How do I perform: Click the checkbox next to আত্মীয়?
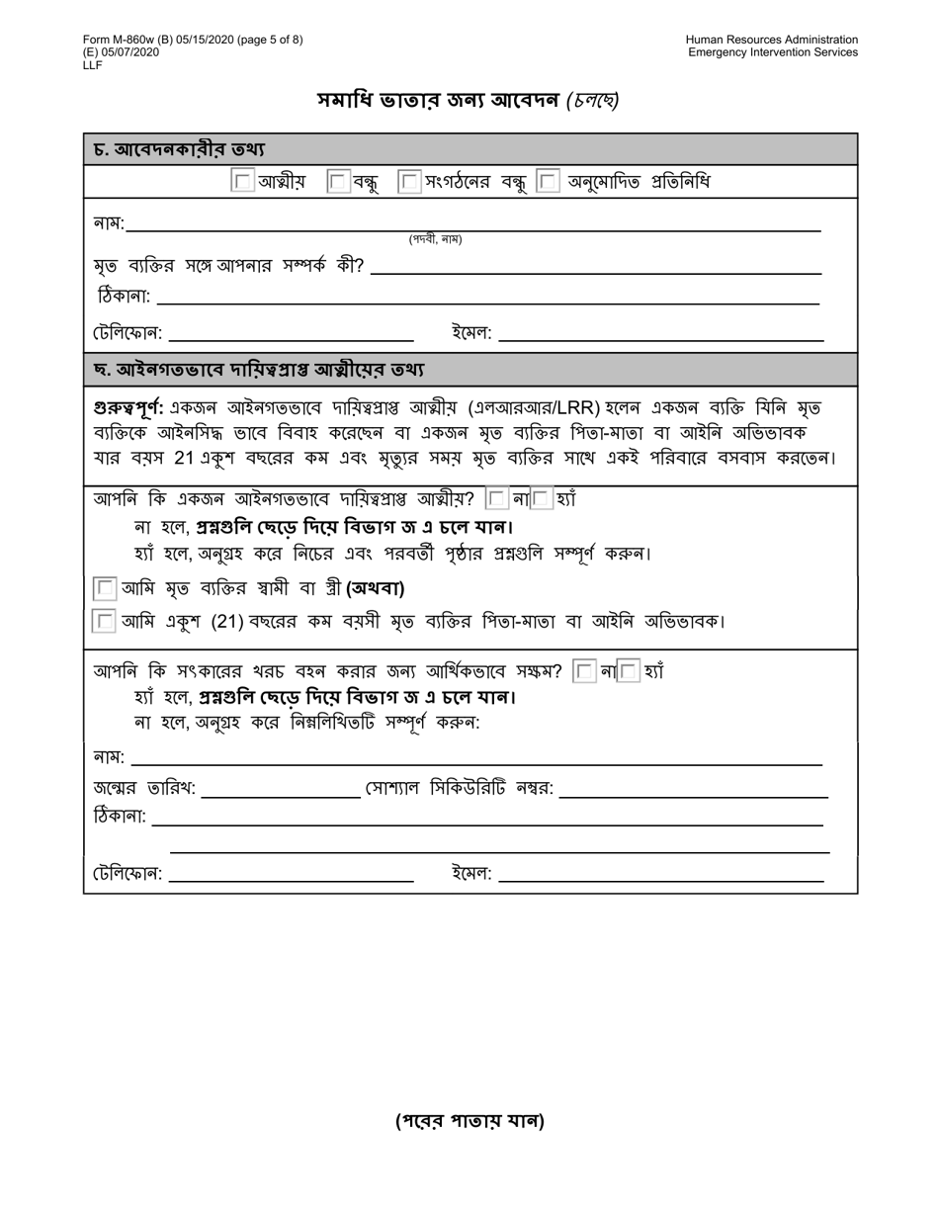click(242, 181)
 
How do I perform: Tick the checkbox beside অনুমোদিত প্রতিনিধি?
click(549, 181)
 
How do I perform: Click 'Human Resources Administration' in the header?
click(772, 40)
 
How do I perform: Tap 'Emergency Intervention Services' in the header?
click(773, 52)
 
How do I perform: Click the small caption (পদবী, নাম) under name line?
click(435, 240)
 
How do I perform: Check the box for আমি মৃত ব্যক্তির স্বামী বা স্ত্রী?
click(104, 589)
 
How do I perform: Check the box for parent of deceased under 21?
click(104, 622)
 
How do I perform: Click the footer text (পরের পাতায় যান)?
click(469, 1120)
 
